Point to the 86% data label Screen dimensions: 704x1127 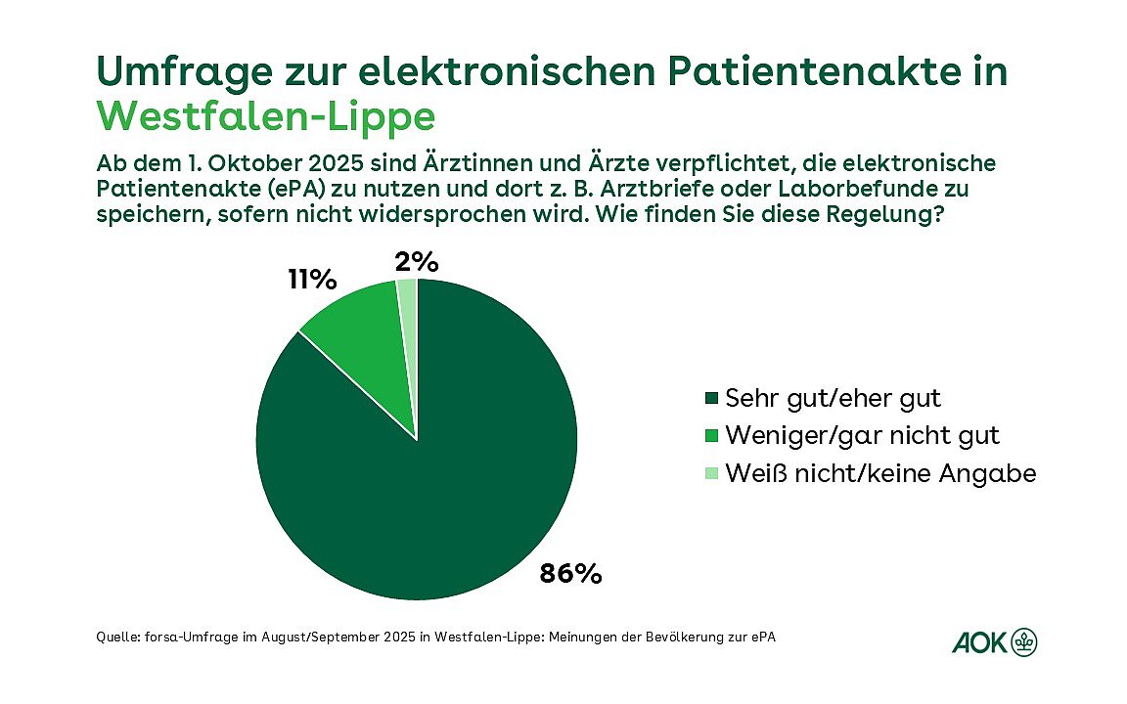pos(570,573)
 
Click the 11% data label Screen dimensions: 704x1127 pos(312,281)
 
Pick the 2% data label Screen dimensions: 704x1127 pos(416,262)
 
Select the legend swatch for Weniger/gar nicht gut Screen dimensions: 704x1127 pos(710,435)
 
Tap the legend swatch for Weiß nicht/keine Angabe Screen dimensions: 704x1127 pos(710,473)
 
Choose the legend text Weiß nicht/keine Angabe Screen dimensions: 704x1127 pos(879,473)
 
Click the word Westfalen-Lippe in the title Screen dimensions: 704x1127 pos(266,116)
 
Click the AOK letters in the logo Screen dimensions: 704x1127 pos(978,642)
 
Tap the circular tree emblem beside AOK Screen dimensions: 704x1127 pos(1024,641)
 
